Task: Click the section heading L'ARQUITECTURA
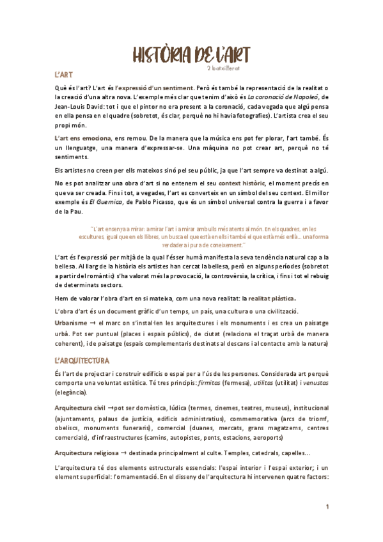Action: click(x=82, y=360)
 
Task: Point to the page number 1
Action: click(x=327, y=507)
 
